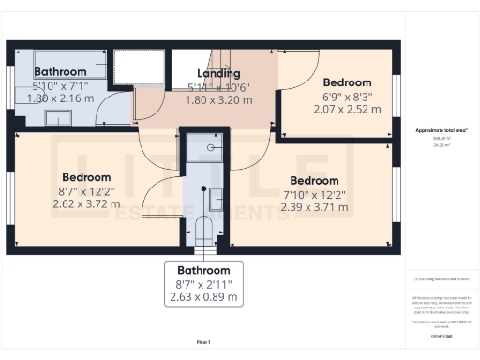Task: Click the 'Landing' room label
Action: coord(218,73)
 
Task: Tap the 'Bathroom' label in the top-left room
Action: coord(60,71)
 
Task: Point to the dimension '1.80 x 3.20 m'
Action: coord(218,97)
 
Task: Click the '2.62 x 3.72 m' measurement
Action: coord(86,202)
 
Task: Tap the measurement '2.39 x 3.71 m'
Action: coord(314,206)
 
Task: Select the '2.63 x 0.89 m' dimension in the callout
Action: coord(203,297)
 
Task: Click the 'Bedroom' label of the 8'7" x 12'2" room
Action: coord(86,177)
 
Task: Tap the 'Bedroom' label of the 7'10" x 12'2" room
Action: coord(314,180)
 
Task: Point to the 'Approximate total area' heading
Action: coord(441,130)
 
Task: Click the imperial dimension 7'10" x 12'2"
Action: coord(314,193)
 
